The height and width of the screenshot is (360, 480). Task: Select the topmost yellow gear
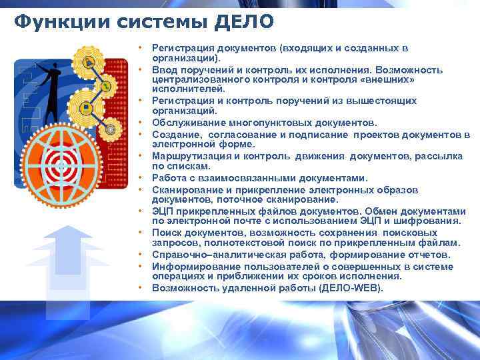click(88, 63)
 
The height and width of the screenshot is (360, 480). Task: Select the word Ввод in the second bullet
click(164, 69)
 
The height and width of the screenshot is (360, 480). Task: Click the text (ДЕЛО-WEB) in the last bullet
click(351, 288)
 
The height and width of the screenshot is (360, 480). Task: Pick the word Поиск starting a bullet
click(167, 233)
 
